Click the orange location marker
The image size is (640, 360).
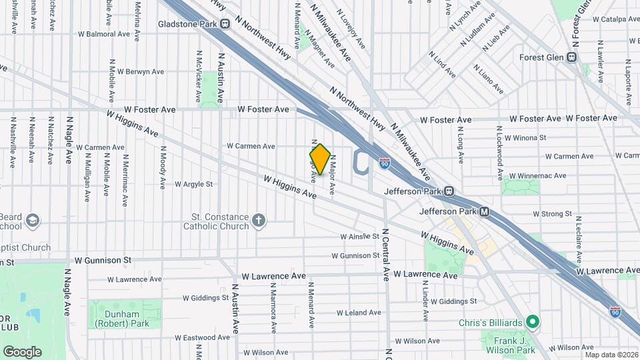pyautogui.click(x=320, y=160)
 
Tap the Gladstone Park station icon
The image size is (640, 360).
pyautogui.click(x=225, y=24)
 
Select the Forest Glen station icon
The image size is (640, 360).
pyautogui.click(x=571, y=57)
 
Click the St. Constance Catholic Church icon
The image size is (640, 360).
pyautogui.click(x=259, y=220)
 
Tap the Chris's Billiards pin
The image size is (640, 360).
pyautogui.click(x=531, y=323)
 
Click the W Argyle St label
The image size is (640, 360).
pyautogui.click(x=193, y=184)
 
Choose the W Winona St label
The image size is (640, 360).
pyautogui.click(x=525, y=138)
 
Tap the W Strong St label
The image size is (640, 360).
pyautogui.click(x=553, y=214)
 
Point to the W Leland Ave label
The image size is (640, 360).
pyautogui.click(x=359, y=312)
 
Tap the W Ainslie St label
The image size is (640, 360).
pyautogui.click(x=359, y=237)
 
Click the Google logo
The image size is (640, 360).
pyautogui.click(x=23, y=351)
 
